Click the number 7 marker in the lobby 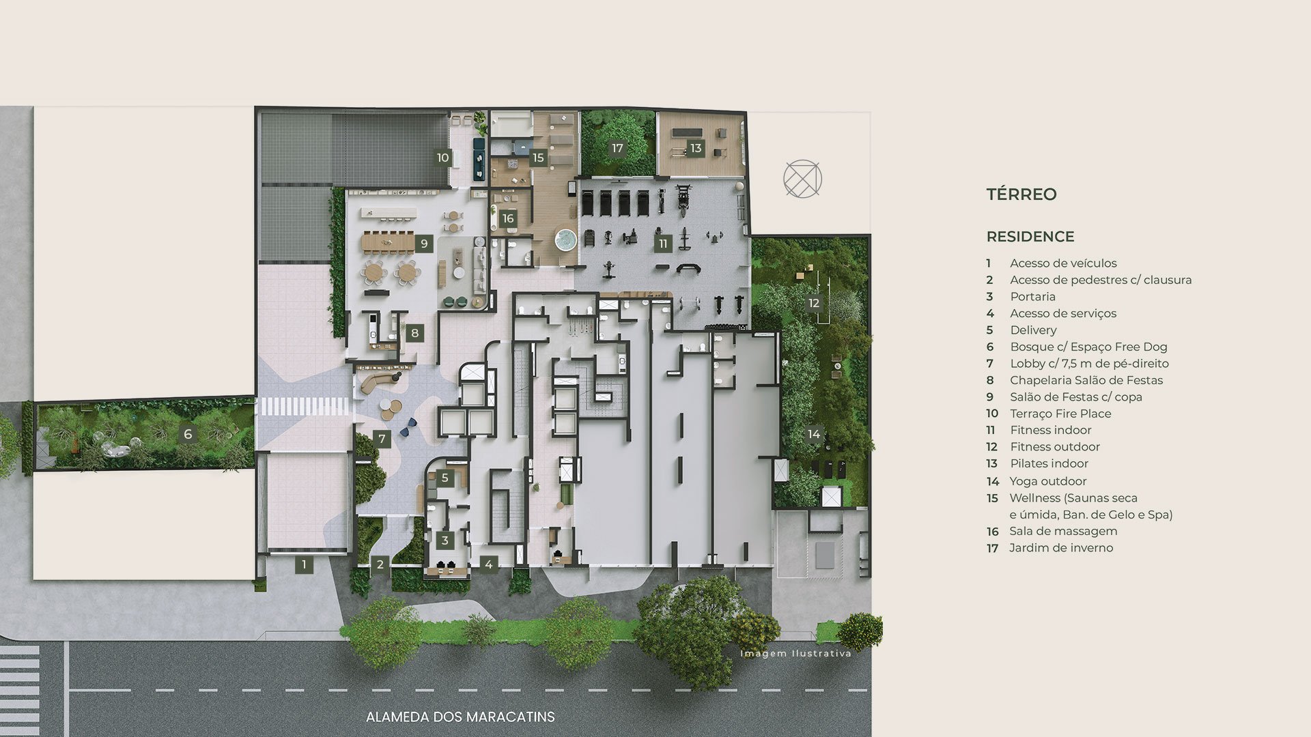click(382, 439)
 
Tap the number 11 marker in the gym click(663, 244)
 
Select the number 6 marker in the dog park click(188, 434)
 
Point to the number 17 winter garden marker click(617, 148)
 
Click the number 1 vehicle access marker click(304, 564)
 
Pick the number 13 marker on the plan click(696, 148)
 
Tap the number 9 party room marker click(424, 244)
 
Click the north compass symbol click(802, 179)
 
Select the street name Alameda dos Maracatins click(460, 717)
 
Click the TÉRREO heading click(1021, 194)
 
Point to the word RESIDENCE click(1030, 237)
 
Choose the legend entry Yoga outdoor click(1048, 481)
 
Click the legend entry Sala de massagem click(1063, 531)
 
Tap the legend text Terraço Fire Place click(1060, 414)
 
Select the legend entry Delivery click(1033, 330)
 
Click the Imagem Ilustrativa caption click(796, 654)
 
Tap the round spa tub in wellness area click(565, 240)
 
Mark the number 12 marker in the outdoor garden click(814, 303)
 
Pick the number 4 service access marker click(489, 564)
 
